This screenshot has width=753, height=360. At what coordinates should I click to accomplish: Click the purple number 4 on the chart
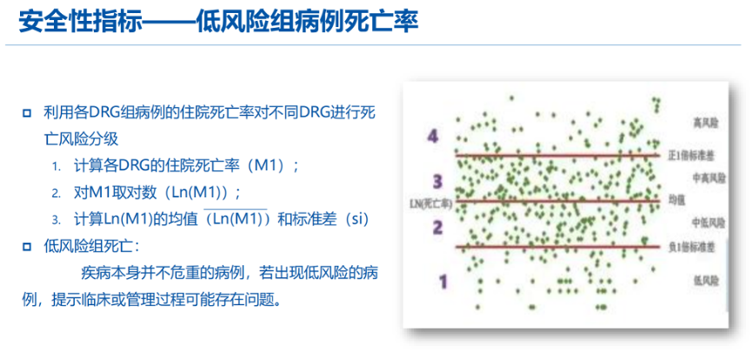click(x=433, y=137)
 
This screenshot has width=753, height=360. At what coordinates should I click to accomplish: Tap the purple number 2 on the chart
click(x=438, y=228)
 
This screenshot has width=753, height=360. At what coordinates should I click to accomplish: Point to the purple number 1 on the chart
click(x=443, y=281)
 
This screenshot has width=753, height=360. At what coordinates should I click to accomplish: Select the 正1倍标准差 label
click(x=692, y=156)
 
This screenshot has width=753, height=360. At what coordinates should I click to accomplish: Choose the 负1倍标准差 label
click(x=692, y=247)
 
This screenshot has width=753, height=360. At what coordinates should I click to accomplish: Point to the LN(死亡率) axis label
click(x=430, y=203)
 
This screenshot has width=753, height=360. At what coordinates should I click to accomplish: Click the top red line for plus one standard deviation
click(x=556, y=157)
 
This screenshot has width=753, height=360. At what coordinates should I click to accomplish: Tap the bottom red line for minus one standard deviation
click(x=556, y=247)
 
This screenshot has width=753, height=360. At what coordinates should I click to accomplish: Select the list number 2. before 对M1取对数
click(x=56, y=193)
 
